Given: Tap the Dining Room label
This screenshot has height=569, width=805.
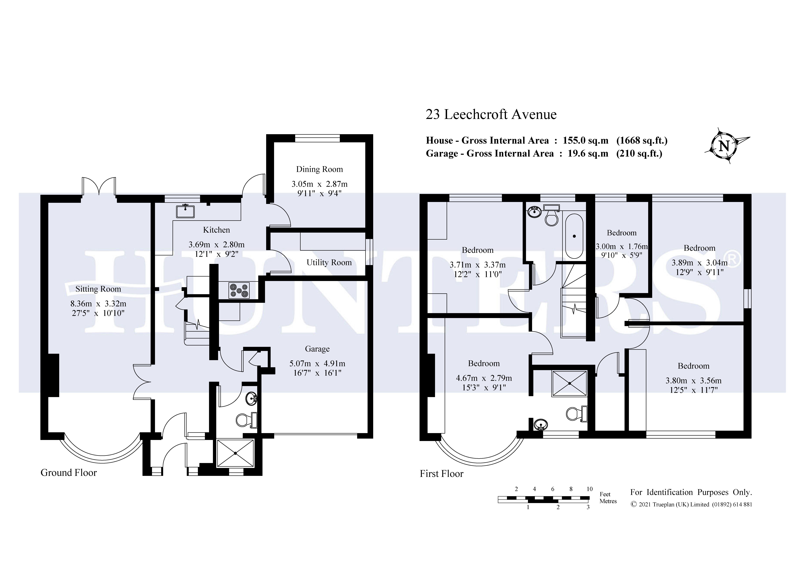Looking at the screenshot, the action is point(319,169).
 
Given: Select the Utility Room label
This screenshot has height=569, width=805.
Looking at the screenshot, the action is point(329,263).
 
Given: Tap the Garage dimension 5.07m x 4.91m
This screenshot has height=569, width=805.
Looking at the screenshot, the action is point(317,364).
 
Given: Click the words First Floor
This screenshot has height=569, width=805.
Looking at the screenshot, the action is point(442,474).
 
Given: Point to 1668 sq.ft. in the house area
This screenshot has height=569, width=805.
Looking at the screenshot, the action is point(642,141).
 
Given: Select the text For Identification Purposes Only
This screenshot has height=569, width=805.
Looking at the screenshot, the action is point(691,493).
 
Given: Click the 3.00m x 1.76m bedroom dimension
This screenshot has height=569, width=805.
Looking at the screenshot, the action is point(622,246).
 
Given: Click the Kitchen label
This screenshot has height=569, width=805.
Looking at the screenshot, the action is point(217,230).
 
